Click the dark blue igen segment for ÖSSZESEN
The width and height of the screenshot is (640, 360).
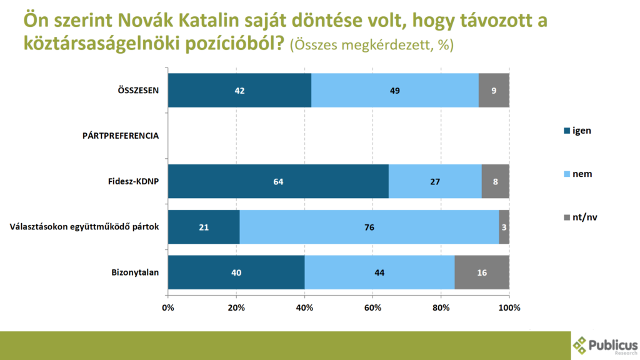[x=239, y=91]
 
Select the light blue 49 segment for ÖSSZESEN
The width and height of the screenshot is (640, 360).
[x=394, y=91]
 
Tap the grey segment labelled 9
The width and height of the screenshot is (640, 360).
[x=494, y=91]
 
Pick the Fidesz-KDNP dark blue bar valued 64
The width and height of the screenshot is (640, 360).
[x=278, y=181]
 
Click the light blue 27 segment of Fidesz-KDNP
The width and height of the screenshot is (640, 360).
[x=435, y=181]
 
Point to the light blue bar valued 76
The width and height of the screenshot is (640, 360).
[x=369, y=227]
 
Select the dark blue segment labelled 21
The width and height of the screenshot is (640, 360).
[x=204, y=227]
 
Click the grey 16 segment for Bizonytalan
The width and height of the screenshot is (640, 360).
[x=482, y=272]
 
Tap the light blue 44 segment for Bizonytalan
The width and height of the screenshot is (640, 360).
[x=379, y=272]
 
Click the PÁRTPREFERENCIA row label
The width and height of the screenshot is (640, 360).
[x=121, y=135]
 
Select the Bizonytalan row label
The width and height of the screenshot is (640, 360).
[x=134, y=272]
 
